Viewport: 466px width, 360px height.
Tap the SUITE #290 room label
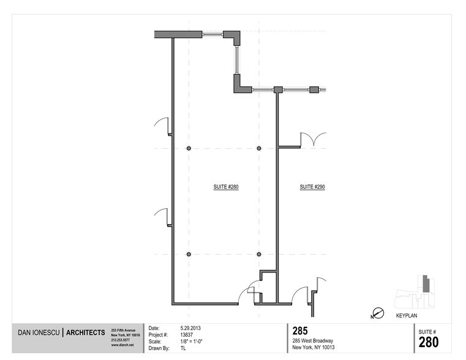point(312,186)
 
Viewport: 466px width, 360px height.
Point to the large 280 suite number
point(428,342)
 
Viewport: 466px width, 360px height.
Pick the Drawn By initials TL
point(183,348)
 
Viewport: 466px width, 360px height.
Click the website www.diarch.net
point(122,345)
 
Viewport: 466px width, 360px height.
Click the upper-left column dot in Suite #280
point(189,148)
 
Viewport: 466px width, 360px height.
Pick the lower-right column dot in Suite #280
point(259,253)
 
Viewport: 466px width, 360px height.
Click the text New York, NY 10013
point(312,348)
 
